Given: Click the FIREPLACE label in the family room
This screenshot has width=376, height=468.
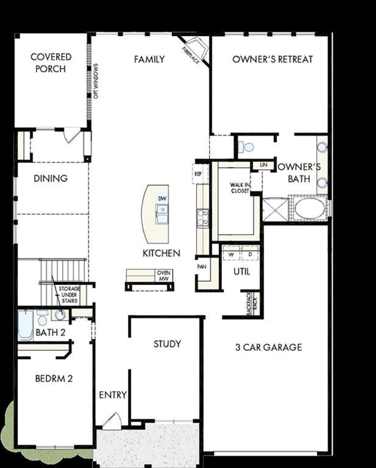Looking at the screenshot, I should (191, 55).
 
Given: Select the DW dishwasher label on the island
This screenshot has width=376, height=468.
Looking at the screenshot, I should (162, 199).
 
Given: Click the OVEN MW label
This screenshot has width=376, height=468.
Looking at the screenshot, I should (164, 276).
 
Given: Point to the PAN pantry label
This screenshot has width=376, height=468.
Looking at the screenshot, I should (202, 267).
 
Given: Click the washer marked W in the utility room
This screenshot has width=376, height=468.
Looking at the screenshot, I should (231, 254).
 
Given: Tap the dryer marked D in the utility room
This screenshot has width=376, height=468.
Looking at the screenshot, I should (250, 254).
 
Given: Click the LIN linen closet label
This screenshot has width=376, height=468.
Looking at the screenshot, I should (263, 165).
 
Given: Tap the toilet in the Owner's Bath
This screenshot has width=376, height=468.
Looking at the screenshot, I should (246, 147).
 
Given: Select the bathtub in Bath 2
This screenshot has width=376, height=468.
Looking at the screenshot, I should (26, 325).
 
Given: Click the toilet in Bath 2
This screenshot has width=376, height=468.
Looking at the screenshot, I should (42, 318).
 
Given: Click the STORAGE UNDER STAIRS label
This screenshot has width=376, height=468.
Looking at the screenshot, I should (69, 295).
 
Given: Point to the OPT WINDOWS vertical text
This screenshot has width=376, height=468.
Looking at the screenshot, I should (96, 81).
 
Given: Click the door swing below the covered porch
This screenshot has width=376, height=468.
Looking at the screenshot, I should (72, 135).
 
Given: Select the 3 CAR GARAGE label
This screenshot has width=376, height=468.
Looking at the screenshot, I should (268, 347).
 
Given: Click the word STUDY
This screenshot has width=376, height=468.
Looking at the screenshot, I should (167, 344).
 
